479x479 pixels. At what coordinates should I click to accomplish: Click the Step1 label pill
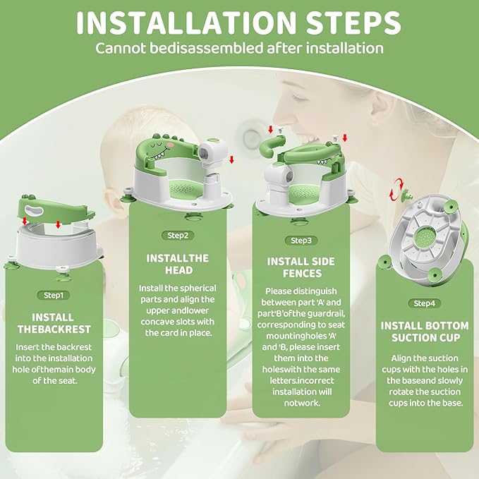point(53,295)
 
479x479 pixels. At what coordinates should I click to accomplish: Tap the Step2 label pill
point(177,235)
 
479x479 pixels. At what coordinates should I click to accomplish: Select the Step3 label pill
point(301,240)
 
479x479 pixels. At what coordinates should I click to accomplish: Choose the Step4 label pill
point(425,303)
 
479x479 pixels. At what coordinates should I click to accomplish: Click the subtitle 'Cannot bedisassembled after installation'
point(239,49)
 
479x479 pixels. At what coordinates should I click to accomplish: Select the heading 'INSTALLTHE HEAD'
point(177,265)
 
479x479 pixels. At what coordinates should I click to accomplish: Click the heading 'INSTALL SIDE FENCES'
point(301,268)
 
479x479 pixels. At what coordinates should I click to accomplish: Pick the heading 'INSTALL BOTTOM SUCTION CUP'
point(425,332)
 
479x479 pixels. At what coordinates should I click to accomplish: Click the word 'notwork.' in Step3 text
point(301,403)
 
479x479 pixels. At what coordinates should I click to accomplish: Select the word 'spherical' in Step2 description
point(193,288)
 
